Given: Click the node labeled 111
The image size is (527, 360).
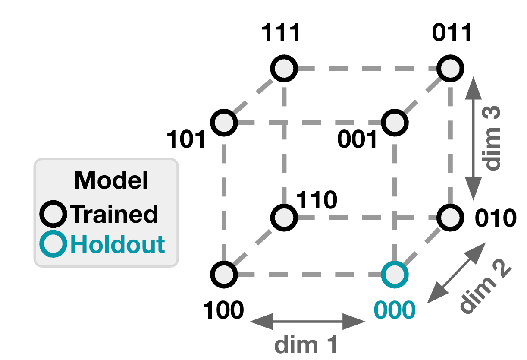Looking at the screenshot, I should tap(284, 69).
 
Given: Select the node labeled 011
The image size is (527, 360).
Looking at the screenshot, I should tap(451, 69).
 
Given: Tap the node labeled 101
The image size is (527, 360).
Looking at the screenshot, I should tap(224, 122).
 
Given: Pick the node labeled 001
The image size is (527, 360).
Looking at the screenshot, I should tap(394, 122).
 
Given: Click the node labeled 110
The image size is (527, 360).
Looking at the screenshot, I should tap(284, 217).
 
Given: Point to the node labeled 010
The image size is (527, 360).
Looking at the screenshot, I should tap(451, 217).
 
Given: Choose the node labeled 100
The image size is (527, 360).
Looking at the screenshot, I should tap(224, 274).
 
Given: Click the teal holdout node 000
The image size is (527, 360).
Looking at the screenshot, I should tap(394, 274).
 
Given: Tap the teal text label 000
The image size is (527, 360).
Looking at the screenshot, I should tap(394, 310).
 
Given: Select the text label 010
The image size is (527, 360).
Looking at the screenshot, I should tap(495, 218).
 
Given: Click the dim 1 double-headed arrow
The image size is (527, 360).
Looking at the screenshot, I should tap(307, 322).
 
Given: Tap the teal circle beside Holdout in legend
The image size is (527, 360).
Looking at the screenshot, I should tap(53, 244).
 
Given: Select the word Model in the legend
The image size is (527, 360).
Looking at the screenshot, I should tap(111, 180).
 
